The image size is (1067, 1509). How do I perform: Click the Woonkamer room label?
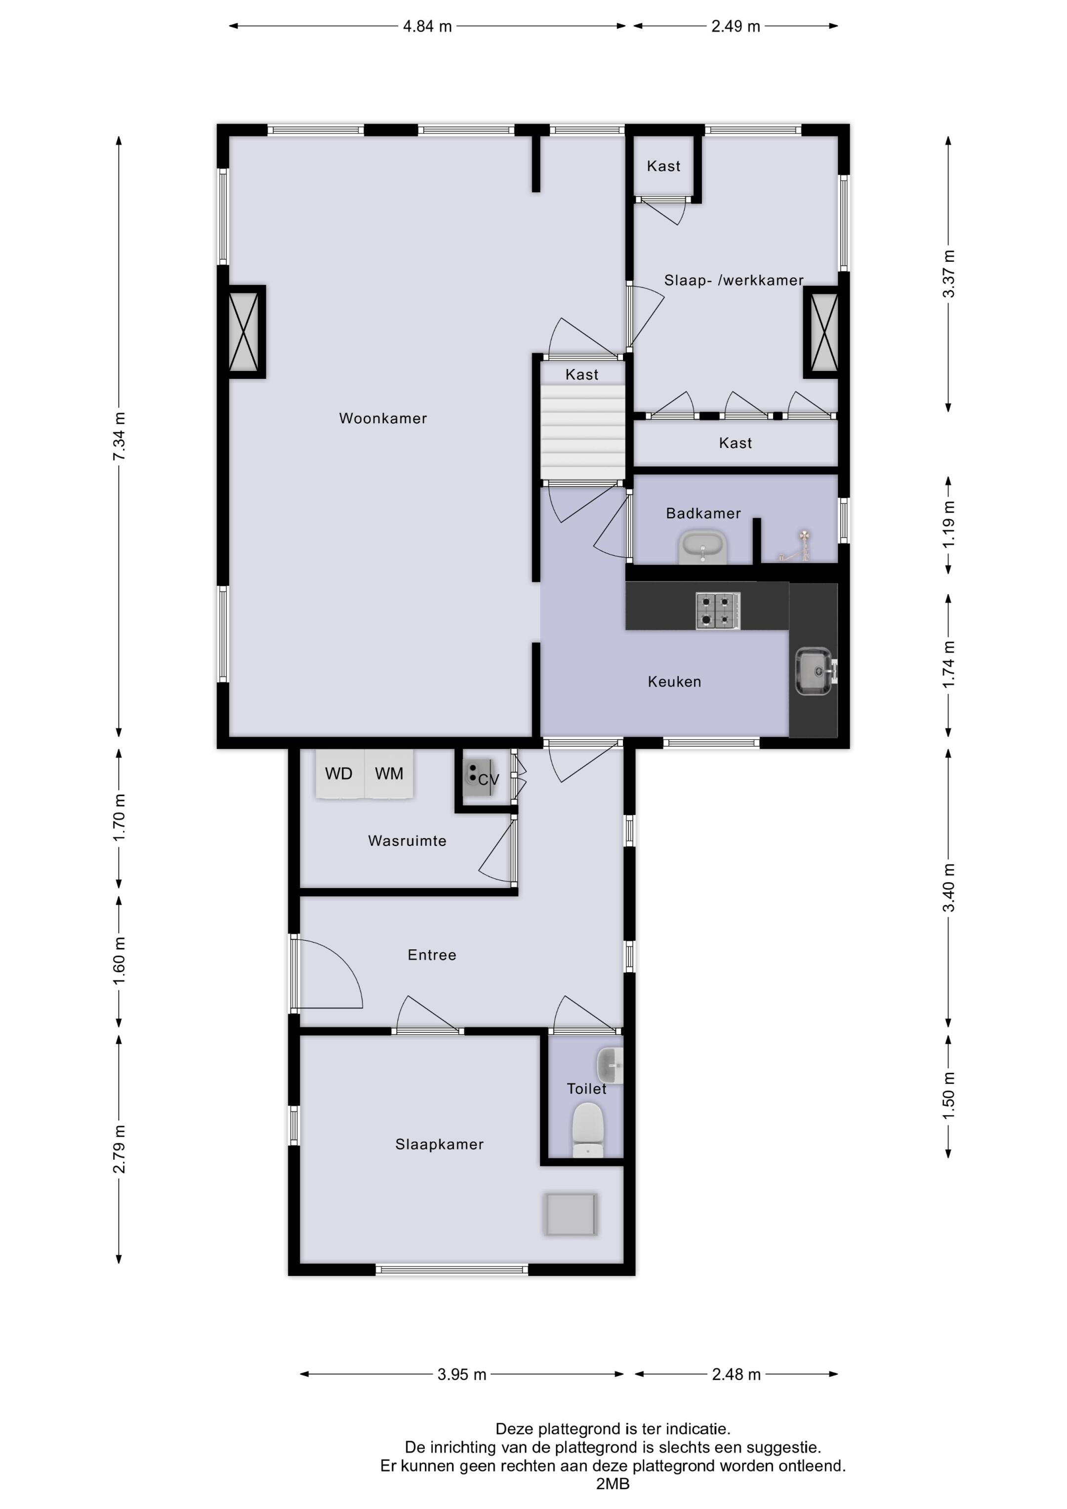point(383,419)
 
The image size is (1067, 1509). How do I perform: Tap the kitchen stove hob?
point(718,611)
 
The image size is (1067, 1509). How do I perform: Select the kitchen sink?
point(815,671)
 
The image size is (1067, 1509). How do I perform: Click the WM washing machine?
point(389,774)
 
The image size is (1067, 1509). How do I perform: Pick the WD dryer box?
point(339,774)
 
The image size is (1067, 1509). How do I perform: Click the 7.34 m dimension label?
point(119,437)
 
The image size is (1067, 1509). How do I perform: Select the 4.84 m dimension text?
point(427,26)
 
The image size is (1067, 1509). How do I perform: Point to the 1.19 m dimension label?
point(948,525)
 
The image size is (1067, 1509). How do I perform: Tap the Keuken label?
point(674,682)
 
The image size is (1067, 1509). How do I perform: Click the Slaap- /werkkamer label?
point(734,281)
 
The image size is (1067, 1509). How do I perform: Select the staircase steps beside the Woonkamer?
point(582,433)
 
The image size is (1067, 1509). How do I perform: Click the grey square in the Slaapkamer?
point(571,1215)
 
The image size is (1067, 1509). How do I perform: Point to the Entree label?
point(431,955)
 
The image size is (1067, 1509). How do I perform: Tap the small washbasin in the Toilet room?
point(610,1066)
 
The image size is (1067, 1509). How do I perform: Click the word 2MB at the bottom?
point(613,1484)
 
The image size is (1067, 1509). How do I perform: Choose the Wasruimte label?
point(407,841)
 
